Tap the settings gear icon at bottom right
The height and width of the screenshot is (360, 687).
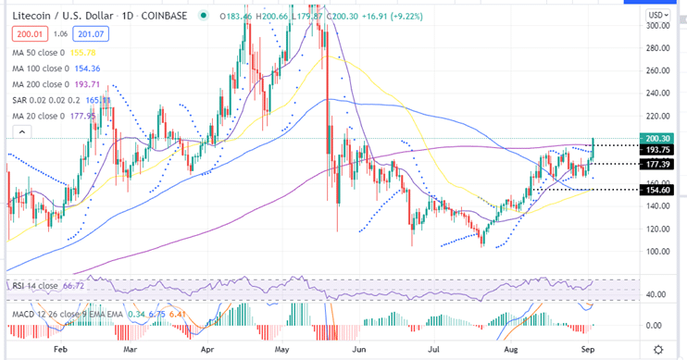coord(657,349)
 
